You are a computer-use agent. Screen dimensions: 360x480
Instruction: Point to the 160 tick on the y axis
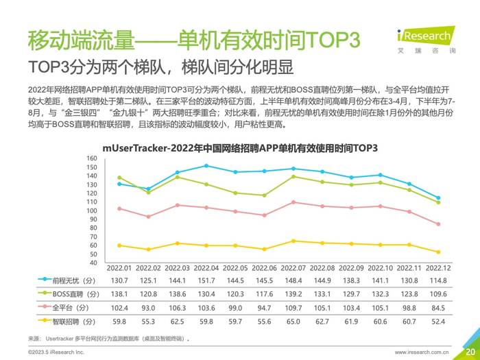pyautogui.click(x=92, y=159)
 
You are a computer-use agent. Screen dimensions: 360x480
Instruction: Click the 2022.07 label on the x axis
pyautogui.click(x=293, y=267)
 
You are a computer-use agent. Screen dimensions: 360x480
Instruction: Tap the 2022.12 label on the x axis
pyautogui.click(x=438, y=267)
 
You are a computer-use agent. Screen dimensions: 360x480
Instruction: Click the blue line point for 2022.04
pyautogui.click(x=206, y=166)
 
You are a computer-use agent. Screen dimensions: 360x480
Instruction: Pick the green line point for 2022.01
pyautogui.click(x=119, y=178)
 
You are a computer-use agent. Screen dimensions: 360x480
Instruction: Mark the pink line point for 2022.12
pyautogui.click(x=438, y=224)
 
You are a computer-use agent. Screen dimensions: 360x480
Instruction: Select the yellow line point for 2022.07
pyautogui.click(x=293, y=241)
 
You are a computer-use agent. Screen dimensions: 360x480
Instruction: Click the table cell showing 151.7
pyautogui.click(x=206, y=280)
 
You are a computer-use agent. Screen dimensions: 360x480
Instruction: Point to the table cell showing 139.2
pyautogui.click(x=293, y=293)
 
